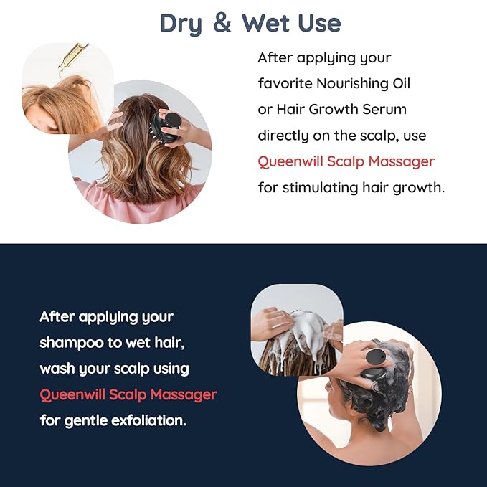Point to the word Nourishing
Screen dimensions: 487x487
(352, 83)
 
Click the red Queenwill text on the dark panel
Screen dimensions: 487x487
(73, 394)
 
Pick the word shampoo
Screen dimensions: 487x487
(72, 342)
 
